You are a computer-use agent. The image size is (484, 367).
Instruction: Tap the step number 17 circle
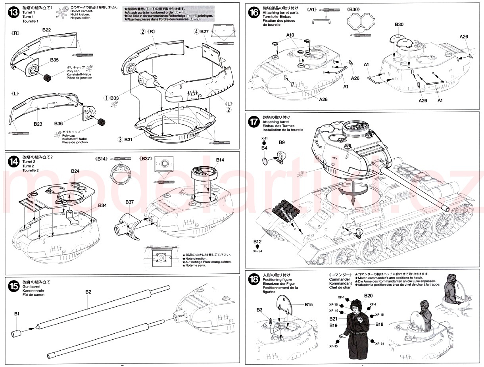pyautogui.click(x=254, y=122)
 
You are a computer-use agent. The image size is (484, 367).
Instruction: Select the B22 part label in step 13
pyautogui.click(x=46, y=30)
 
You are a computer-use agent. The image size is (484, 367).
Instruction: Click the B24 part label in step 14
pyautogui.click(x=75, y=171)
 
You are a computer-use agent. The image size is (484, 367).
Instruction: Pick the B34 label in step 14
pyautogui.click(x=102, y=205)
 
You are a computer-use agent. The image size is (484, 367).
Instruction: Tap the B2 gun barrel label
pyautogui.click(x=88, y=292)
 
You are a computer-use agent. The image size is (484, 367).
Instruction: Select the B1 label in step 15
pyautogui.click(x=17, y=314)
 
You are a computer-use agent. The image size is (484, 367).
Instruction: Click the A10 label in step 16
pyautogui.click(x=290, y=35)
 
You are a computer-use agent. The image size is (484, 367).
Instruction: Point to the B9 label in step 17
pyautogui.click(x=282, y=142)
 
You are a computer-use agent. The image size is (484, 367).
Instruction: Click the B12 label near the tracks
pyautogui.click(x=258, y=242)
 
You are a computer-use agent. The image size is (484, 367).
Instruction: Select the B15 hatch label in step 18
pyautogui.click(x=309, y=304)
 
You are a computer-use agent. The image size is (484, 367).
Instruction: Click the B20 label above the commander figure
pyautogui.click(x=368, y=296)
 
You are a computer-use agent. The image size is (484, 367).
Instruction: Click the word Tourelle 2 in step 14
pyautogui.click(x=31, y=170)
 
